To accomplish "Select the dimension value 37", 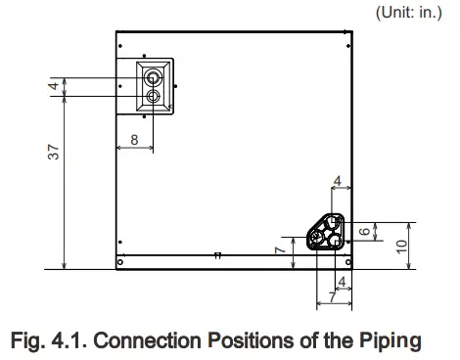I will (55, 152).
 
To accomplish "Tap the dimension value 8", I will (134, 141).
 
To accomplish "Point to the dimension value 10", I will (401, 246).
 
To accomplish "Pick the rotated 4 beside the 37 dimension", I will (55, 86).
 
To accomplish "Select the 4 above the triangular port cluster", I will (337, 181).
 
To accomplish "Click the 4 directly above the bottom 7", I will (340, 282).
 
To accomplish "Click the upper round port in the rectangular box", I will (153, 75).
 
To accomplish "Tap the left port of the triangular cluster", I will (317, 238).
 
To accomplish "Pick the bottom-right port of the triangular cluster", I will (336, 239).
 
